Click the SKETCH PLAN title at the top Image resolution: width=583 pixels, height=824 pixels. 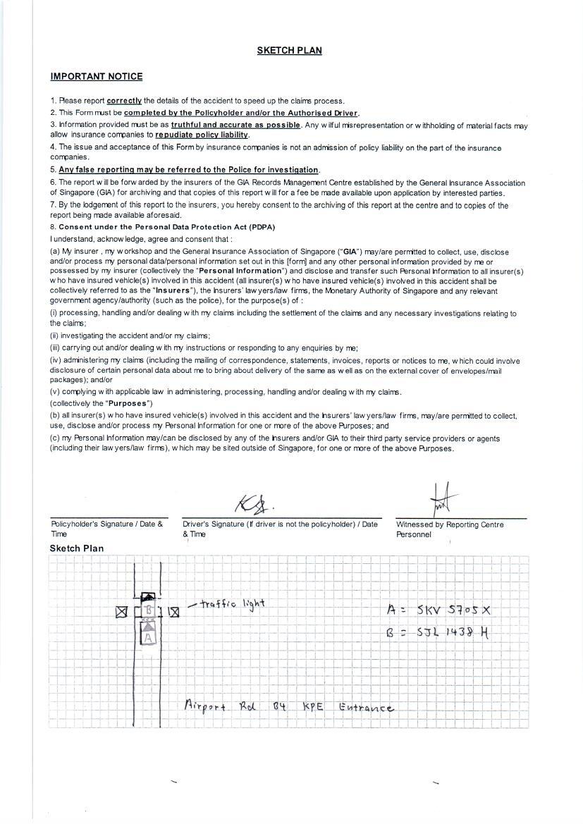(289, 51)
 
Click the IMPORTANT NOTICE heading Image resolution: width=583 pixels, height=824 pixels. (97, 77)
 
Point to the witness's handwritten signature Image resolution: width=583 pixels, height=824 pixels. (443, 500)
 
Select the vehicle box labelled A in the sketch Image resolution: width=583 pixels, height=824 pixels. (148, 635)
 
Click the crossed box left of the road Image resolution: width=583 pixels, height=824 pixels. (121, 612)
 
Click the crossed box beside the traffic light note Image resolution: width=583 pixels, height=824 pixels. (173, 612)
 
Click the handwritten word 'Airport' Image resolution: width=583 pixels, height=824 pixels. (205, 706)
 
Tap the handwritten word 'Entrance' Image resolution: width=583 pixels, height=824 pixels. (366, 707)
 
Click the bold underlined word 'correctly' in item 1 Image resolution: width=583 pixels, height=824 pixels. (124, 101)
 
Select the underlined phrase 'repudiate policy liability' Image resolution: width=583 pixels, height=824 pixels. (202, 135)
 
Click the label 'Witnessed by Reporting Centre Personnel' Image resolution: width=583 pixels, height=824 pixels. (450, 529)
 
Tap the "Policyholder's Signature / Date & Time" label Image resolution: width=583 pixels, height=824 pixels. (106, 529)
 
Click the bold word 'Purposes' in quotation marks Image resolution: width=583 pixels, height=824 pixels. (128, 404)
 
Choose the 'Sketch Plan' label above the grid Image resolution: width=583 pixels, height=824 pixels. (76, 548)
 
